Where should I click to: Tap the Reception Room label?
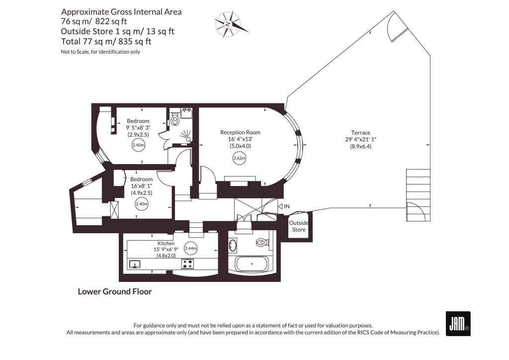tap(240, 132)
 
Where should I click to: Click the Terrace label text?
tap(360, 133)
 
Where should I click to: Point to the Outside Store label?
tap(298, 226)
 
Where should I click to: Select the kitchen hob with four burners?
tap(187, 264)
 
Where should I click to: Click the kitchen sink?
tap(135, 264)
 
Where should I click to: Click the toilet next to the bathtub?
tap(261, 243)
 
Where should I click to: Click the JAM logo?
tap(458, 324)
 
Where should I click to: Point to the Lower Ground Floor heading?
tap(115, 292)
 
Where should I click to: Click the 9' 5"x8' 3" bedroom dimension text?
tap(138, 128)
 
